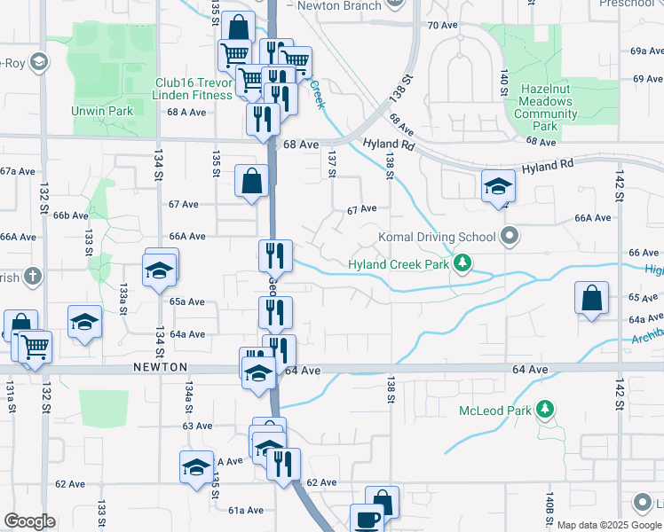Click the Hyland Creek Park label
click(x=399, y=264)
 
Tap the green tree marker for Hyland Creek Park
click(x=462, y=263)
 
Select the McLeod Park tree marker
click(x=546, y=410)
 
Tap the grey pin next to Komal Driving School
click(x=509, y=236)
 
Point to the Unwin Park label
click(x=103, y=111)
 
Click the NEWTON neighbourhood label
click(x=161, y=367)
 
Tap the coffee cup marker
click(x=366, y=520)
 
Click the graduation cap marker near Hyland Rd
click(x=498, y=185)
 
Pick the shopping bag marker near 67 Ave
click(x=252, y=181)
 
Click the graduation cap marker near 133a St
click(x=160, y=270)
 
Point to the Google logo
click(x=29, y=521)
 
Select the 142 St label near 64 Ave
click(x=618, y=390)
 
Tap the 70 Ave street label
click(x=442, y=25)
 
